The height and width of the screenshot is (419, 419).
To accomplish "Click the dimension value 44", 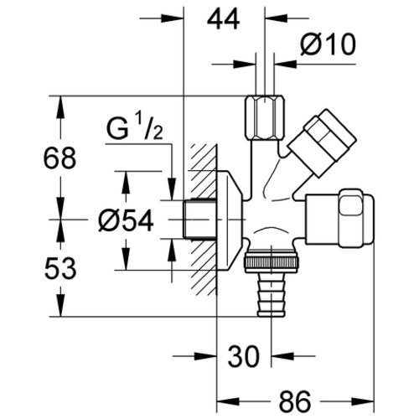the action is (223, 19).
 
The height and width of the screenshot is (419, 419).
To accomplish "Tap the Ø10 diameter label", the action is (328, 44).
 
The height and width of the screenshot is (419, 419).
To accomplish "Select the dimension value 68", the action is (59, 158).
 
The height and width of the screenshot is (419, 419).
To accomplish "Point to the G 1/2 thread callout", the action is (135, 129).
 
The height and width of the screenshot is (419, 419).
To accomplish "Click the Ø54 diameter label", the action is (126, 220).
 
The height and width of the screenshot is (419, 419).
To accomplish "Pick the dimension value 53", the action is (60, 269).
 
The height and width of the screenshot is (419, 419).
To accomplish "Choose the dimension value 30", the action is (244, 356).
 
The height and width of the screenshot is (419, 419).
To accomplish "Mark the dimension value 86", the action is (295, 402).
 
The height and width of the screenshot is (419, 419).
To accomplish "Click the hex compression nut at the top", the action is (265, 118).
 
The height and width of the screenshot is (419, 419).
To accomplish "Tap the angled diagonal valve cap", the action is (321, 143).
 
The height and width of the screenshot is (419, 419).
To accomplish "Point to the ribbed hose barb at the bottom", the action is (272, 295).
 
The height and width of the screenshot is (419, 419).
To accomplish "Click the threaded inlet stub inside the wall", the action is (199, 219).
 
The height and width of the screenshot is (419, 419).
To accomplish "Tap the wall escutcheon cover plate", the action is (230, 220).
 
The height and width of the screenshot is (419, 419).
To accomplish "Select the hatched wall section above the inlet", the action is (204, 171).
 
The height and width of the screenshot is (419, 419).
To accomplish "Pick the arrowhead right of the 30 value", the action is (282, 356).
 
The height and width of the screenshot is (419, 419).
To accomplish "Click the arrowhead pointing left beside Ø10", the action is (286, 64).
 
